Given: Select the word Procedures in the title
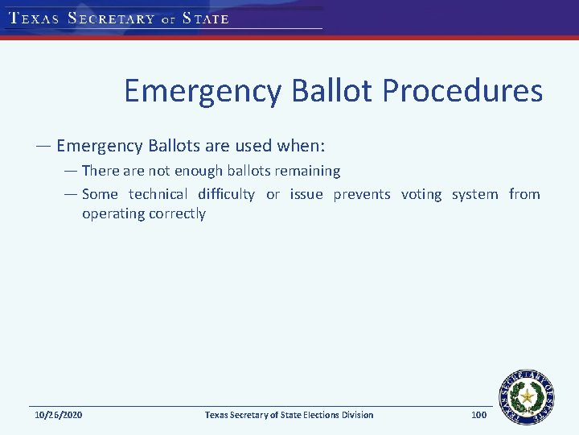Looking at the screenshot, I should [x=462, y=92].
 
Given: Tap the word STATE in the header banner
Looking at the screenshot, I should [x=206, y=19].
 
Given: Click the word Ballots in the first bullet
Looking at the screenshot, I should [x=175, y=147].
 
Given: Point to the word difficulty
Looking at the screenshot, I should [x=226, y=194].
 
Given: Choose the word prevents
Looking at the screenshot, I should [x=362, y=194].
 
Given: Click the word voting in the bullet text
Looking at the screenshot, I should [x=421, y=194].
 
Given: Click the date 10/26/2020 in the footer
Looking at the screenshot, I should [x=58, y=415].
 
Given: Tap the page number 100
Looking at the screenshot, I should [x=478, y=415].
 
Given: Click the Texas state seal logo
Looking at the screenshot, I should [x=528, y=396].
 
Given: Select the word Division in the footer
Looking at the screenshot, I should [x=355, y=415].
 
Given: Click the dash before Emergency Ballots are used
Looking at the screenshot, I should [x=43, y=147].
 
